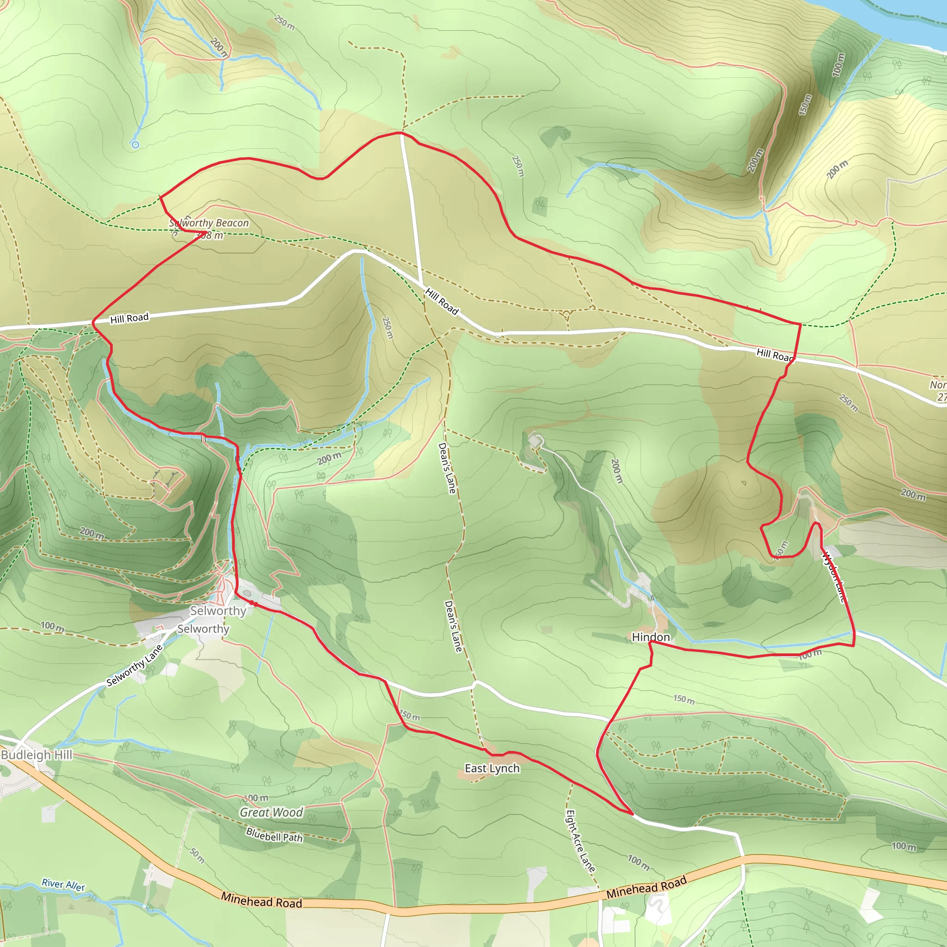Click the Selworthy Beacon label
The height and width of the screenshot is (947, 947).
tap(209, 223)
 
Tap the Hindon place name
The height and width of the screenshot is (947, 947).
tap(651, 637)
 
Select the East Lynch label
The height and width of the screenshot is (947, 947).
tap(492, 768)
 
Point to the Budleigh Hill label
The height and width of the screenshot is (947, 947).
tap(37, 754)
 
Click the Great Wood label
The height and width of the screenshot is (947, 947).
tap(271, 812)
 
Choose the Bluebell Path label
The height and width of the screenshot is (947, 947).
tap(274, 835)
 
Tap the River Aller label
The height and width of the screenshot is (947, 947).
tap(63, 884)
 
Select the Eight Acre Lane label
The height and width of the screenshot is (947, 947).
tap(580, 841)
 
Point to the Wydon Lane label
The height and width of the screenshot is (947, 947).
tap(834, 577)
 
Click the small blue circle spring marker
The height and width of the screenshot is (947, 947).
tap(135, 144)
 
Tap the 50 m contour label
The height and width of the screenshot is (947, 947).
tap(197, 855)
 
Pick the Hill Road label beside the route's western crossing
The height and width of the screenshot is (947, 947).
tap(129, 319)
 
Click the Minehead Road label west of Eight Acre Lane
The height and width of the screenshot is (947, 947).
tap(261, 900)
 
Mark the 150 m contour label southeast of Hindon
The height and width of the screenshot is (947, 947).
tap(683, 699)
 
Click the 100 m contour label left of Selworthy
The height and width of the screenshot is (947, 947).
tap(52, 626)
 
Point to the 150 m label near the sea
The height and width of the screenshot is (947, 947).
tap(805, 105)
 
